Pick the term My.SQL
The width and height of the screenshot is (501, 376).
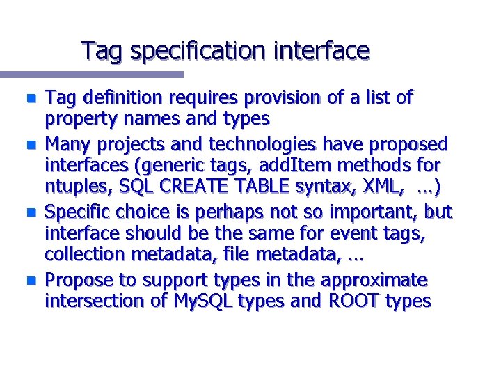[198, 301]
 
